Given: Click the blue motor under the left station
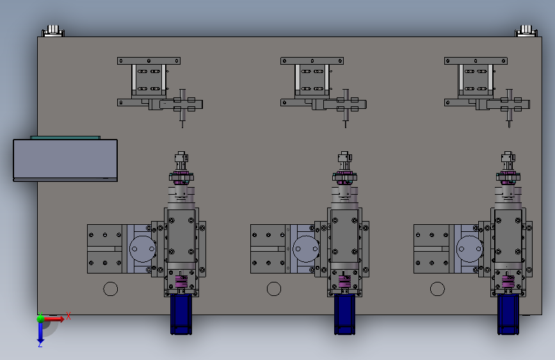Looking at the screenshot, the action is [181, 314].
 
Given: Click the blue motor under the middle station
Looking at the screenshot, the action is [345, 314].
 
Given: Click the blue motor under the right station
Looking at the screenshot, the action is [508, 314].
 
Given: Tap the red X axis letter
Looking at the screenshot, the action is [68, 316].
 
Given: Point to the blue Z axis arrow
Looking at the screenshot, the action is [40, 332].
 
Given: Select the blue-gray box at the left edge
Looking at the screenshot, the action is [65, 160].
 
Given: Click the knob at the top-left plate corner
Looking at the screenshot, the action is [53, 31].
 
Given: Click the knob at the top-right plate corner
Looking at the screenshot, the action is [526, 31].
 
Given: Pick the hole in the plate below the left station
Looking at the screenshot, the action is [111, 289].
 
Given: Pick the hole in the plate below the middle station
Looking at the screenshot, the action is [274, 289].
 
